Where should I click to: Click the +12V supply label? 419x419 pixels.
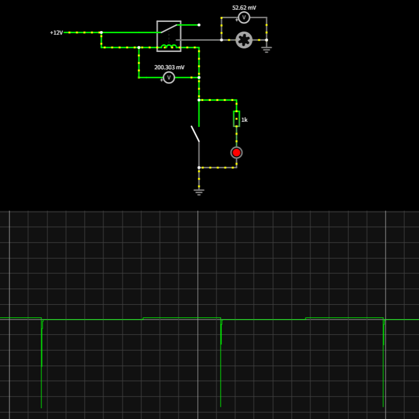tap(57, 33)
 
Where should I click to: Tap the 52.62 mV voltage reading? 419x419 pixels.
tap(244, 8)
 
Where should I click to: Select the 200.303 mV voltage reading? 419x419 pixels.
tap(169, 67)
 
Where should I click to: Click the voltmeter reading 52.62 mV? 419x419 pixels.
tap(244, 18)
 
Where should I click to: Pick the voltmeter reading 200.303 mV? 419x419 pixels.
tap(169, 77)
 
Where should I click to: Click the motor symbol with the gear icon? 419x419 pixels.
tap(244, 40)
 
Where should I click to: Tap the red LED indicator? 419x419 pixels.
tap(237, 152)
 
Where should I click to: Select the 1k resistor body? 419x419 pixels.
tap(237, 119)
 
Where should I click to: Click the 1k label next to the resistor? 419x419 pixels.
tap(245, 120)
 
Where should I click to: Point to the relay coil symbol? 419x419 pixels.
tap(169, 47)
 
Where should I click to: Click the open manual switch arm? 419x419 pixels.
tap(195, 134)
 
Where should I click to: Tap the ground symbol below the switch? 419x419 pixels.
tap(199, 192)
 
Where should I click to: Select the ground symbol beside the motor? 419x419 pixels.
tap(267, 49)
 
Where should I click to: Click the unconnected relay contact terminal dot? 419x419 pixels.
tap(199, 24)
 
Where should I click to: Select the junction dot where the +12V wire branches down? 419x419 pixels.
tap(101, 33)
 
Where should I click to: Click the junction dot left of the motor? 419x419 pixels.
tap(221, 40)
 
